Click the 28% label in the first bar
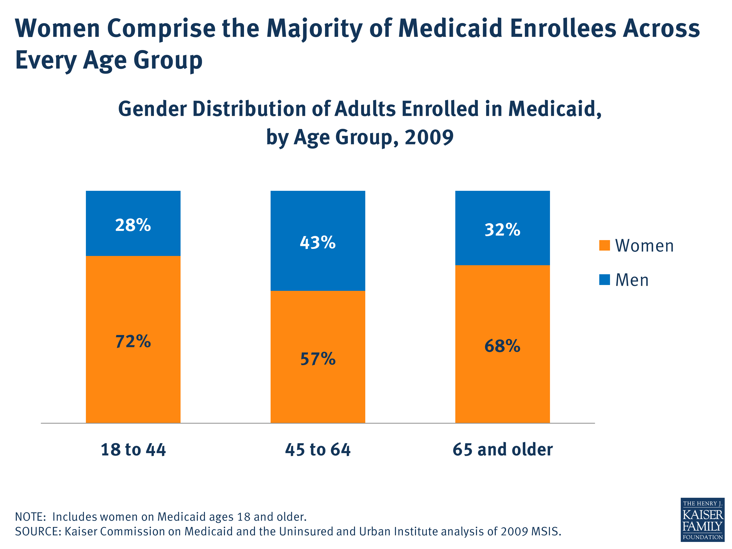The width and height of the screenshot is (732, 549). pyautogui.click(x=133, y=225)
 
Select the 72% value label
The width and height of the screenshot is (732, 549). pyautogui.click(x=133, y=342)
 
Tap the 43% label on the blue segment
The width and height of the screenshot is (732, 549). pyautogui.click(x=318, y=243)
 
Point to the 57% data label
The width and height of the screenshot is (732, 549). pyautogui.click(x=318, y=359)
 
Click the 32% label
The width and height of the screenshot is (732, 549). pyautogui.click(x=502, y=230)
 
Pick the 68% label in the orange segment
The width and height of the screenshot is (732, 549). pyautogui.click(x=502, y=346)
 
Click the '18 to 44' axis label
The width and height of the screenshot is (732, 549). pyautogui.click(x=133, y=450)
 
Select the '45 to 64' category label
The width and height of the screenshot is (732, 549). pyautogui.click(x=318, y=450)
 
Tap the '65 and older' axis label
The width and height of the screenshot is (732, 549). pyautogui.click(x=502, y=450)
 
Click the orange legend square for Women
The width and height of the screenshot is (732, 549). pyautogui.click(x=604, y=245)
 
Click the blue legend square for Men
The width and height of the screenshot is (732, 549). pyautogui.click(x=604, y=280)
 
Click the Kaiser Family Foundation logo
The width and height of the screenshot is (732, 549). pyautogui.click(x=702, y=519)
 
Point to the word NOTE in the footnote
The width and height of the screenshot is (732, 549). pyautogui.click(x=30, y=517)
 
